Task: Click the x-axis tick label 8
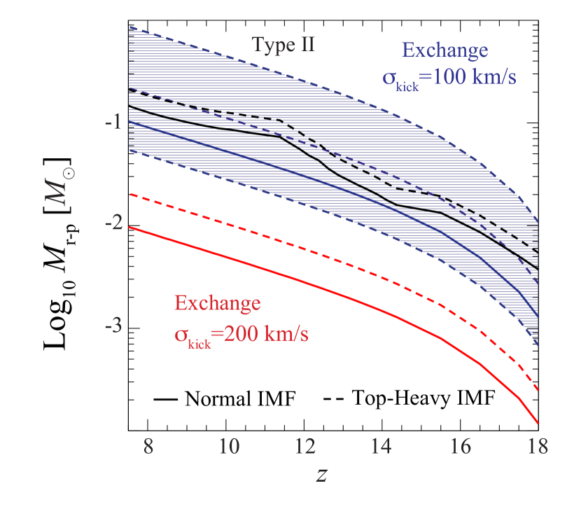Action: click(148, 447)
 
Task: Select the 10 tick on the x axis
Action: click(230, 447)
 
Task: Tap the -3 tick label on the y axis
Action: click(113, 326)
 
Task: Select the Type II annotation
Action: click(283, 46)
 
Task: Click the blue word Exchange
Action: click(444, 51)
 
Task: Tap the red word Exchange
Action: click(218, 304)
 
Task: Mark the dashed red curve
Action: click(280, 237)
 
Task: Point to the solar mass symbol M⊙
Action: click(70, 187)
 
